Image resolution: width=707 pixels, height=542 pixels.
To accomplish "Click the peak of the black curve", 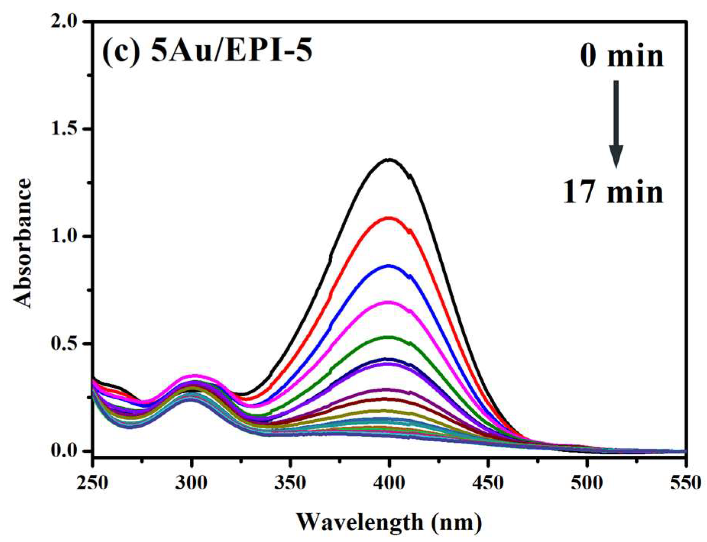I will [x=389, y=160].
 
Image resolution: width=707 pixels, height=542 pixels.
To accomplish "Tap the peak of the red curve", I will [x=389, y=218].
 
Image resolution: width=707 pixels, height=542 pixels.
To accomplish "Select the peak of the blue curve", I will [x=389, y=265].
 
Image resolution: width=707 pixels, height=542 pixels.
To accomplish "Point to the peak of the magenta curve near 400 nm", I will [x=389, y=302].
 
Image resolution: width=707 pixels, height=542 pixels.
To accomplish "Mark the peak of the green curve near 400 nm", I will [x=389, y=337].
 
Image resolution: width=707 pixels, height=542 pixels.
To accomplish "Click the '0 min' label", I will [x=621, y=56].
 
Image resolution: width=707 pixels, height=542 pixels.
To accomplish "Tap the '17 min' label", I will [x=613, y=192].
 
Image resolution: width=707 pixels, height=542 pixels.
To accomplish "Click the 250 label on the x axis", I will [x=93, y=483].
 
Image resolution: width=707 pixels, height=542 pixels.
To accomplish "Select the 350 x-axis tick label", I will [x=290, y=483].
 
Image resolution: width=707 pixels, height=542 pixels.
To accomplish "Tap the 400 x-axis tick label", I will [x=389, y=483].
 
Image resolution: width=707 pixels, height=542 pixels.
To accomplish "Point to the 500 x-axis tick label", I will [x=587, y=483].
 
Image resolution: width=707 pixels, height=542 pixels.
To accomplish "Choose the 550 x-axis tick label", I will [x=686, y=483].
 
